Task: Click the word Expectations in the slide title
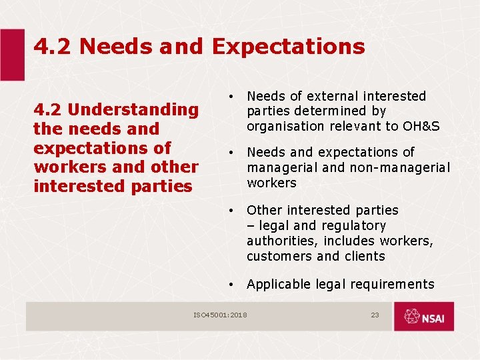point(288,47)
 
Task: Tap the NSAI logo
point(423,317)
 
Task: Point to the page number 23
point(375,315)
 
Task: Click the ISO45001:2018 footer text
point(220,315)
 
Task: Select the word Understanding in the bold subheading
point(133,109)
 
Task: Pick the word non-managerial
point(406,167)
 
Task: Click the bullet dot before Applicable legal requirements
point(229,285)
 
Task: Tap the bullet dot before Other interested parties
point(229,211)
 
